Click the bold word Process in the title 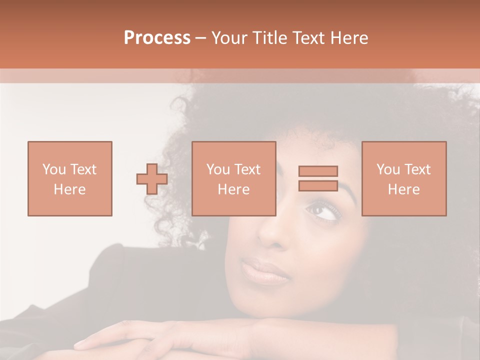pyautogui.click(x=157, y=38)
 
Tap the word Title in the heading pyautogui.click(x=269, y=38)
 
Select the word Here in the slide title pyautogui.click(x=348, y=38)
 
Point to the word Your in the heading pyautogui.click(x=230, y=38)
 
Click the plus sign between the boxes pyautogui.click(x=152, y=179)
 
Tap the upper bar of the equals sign pyautogui.click(x=318, y=171)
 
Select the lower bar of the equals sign pyautogui.click(x=318, y=185)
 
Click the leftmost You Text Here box pyautogui.click(x=69, y=178)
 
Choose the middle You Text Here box pyautogui.click(x=233, y=178)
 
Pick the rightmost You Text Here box pyautogui.click(x=403, y=178)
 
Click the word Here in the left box pyautogui.click(x=69, y=189)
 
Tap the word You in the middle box pyautogui.click(x=218, y=169)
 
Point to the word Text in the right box pyautogui.click(x=417, y=169)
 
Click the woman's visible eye pyautogui.click(x=324, y=210)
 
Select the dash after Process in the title pyautogui.click(x=201, y=38)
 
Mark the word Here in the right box pyautogui.click(x=403, y=189)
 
